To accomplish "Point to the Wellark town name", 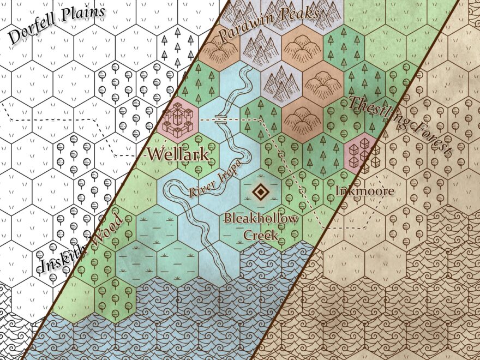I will (178, 154).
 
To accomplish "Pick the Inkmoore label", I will (364, 191).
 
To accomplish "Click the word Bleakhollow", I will (262, 219).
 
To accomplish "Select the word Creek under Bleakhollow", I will (261, 236).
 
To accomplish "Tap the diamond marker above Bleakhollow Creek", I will (260, 191).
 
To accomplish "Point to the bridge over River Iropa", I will (221, 118).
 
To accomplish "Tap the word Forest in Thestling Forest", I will (428, 140).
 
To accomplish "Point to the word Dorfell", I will (32, 34).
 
